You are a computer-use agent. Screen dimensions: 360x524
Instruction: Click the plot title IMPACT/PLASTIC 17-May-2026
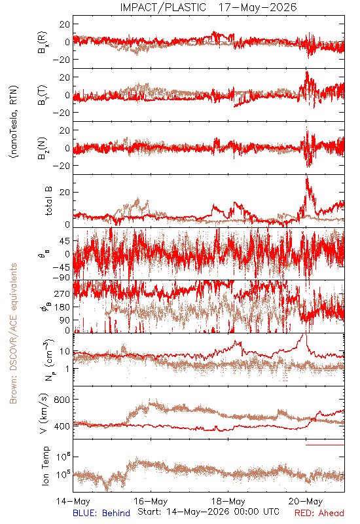pyautogui.click(x=208, y=7)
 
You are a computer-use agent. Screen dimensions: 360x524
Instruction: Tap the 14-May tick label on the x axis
pyautogui.click(x=73, y=502)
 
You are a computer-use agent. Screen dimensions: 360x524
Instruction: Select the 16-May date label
pyautogui.click(x=151, y=502)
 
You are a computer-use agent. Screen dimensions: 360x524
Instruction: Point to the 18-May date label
pyautogui.click(x=228, y=502)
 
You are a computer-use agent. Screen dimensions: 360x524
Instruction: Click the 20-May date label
pyautogui.click(x=306, y=502)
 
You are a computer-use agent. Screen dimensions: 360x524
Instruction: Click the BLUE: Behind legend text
pyautogui.click(x=101, y=513)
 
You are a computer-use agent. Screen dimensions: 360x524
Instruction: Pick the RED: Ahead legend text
pyautogui.click(x=319, y=513)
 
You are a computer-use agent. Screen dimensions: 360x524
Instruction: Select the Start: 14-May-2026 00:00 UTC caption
pyautogui.click(x=208, y=512)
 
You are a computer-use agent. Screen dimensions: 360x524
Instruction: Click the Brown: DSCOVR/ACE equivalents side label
pyautogui.click(x=13, y=333)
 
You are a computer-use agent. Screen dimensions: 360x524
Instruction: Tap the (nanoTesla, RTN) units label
pyautogui.click(x=14, y=122)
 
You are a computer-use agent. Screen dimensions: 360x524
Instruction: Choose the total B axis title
pyautogui.click(x=48, y=201)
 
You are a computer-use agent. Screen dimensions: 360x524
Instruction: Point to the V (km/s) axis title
pyautogui.click(x=45, y=413)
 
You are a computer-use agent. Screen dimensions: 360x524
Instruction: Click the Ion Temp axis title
pyautogui.click(x=45, y=466)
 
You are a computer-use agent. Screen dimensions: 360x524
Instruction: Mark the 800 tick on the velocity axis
pyautogui.click(x=62, y=400)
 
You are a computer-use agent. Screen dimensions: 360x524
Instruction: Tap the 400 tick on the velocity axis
pyautogui.click(x=62, y=426)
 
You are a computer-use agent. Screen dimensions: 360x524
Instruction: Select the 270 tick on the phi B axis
pyautogui.click(x=62, y=293)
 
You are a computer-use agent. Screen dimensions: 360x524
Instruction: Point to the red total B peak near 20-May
pyautogui.click(x=306, y=177)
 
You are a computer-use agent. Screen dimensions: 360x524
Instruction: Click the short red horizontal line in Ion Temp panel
pyautogui.click(x=325, y=445)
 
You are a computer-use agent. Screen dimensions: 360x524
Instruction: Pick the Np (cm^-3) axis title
pyautogui.click(x=49, y=360)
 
